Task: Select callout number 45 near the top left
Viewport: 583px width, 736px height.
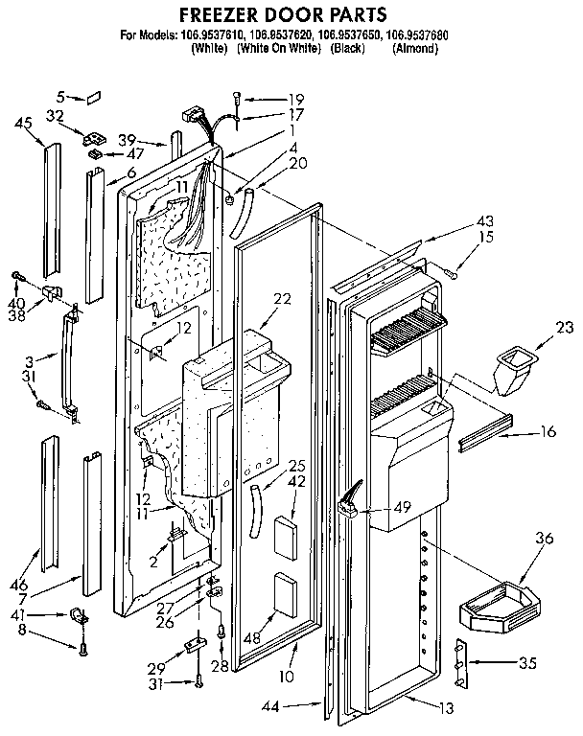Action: click(24, 122)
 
